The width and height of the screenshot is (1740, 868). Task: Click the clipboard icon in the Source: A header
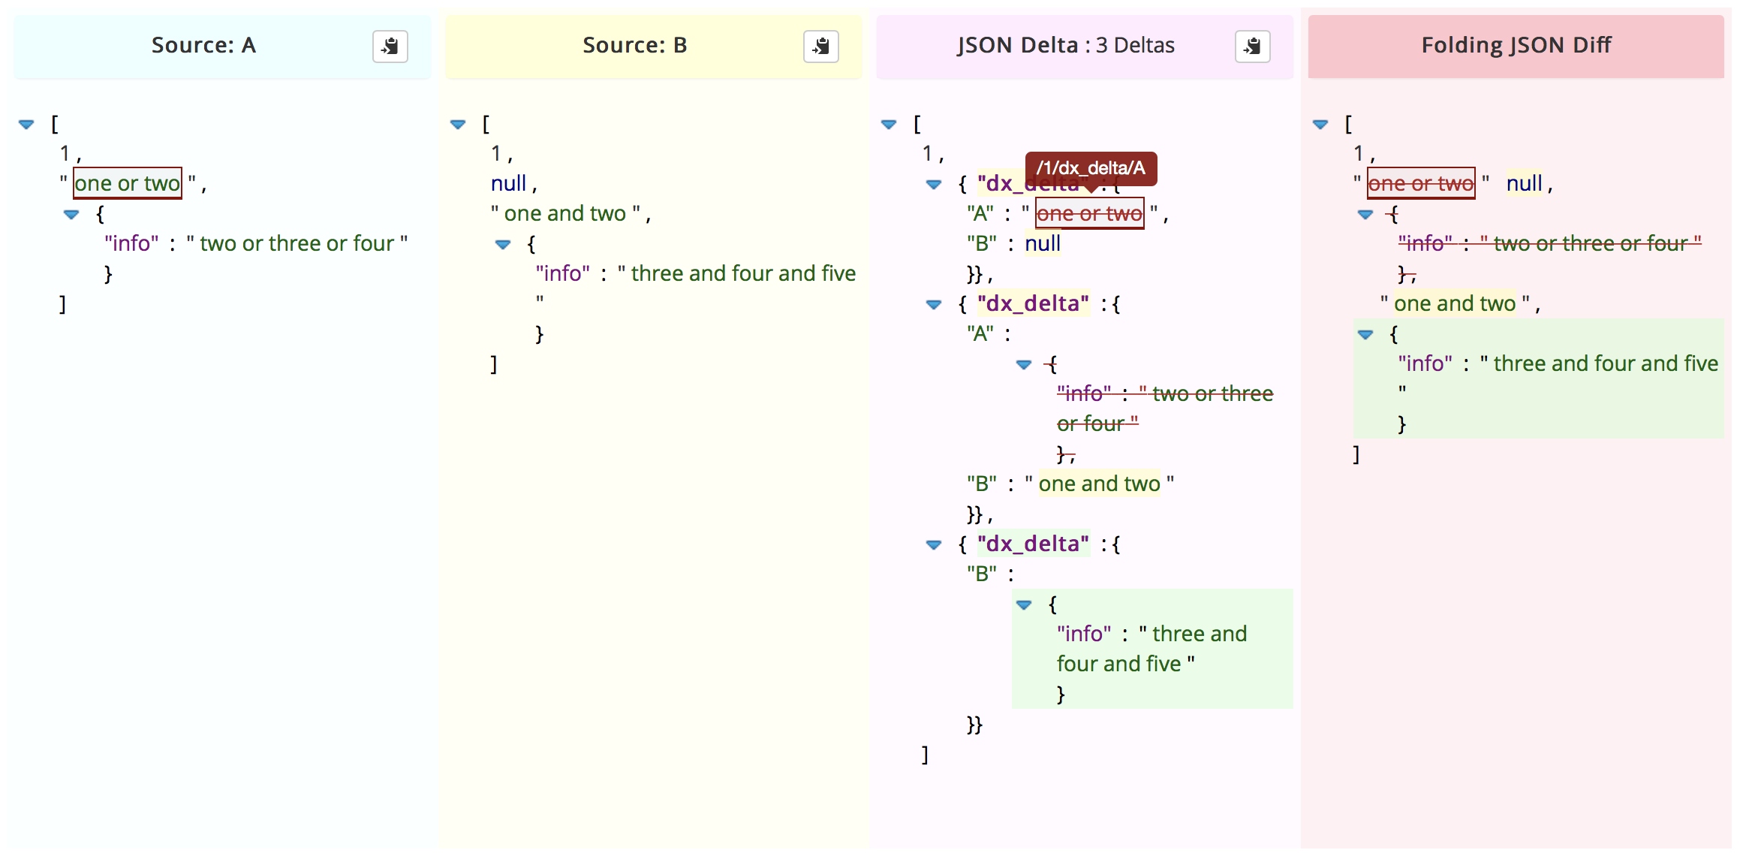(x=390, y=47)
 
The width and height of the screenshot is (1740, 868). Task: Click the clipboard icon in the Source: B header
(x=820, y=47)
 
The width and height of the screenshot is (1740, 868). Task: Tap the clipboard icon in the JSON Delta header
(x=1252, y=47)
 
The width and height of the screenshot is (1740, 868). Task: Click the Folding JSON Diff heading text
(x=1516, y=45)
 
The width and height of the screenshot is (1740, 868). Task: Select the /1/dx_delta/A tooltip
(x=1091, y=168)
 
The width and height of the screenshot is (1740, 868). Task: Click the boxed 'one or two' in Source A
(x=127, y=183)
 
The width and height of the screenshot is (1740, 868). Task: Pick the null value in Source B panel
(x=508, y=183)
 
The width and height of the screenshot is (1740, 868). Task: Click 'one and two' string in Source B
(x=564, y=213)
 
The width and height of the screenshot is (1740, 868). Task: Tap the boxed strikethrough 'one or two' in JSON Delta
(x=1089, y=213)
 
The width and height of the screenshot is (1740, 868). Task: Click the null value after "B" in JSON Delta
(x=1042, y=243)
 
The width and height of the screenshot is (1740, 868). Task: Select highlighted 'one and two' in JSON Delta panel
(x=1099, y=484)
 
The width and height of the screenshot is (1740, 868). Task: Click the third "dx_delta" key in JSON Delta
(x=1033, y=544)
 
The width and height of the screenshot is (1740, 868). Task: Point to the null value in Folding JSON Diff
(x=1524, y=183)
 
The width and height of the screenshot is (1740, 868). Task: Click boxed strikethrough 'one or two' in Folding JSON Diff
(x=1421, y=183)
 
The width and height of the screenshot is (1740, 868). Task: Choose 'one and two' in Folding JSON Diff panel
(x=1454, y=303)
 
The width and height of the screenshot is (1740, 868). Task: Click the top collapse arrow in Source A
(x=26, y=124)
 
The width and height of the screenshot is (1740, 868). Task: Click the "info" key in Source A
(x=131, y=243)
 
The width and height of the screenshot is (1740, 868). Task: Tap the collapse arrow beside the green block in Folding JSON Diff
(x=1365, y=334)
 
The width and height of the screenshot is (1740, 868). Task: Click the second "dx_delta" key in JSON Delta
(x=1033, y=303)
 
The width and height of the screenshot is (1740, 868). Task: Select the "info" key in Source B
(x=562, y=273)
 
